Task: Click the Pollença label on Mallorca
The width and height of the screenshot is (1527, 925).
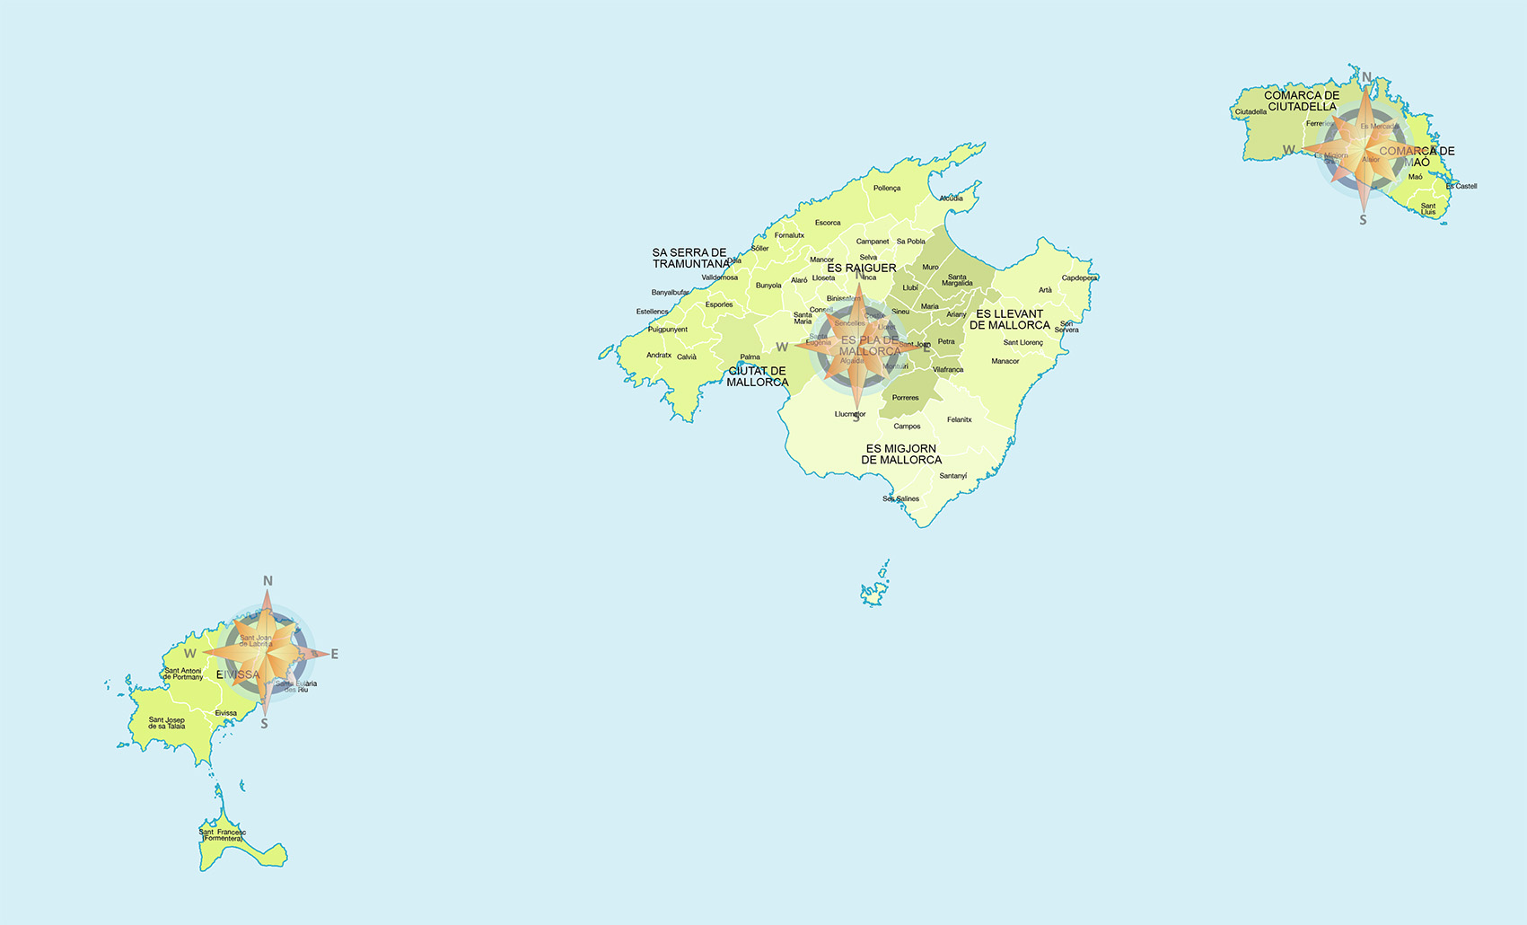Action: pos(887,189)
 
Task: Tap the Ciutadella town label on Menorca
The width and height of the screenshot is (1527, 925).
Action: pos(1251,112)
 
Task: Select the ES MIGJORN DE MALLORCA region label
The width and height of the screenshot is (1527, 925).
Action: pos(901,454)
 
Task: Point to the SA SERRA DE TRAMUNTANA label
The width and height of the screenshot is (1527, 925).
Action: pos(690,259)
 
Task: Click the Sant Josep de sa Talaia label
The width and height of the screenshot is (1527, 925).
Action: pos(167,723)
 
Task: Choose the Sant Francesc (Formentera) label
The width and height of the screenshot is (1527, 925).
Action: pos(222,835)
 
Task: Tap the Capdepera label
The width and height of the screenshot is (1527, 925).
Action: pos(1079,278)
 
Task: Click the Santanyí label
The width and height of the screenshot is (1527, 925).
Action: pos(953,476)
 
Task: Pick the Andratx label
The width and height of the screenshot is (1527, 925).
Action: pos(659,356)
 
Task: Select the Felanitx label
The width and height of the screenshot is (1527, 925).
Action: pos(960,419)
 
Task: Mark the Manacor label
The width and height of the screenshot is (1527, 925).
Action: pos(1005,361)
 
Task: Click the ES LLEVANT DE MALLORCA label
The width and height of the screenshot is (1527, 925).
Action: pos(1010,320)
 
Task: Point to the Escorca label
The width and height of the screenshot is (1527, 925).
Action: pos(828,223)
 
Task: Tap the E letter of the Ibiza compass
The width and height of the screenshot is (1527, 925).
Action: pos(335,655)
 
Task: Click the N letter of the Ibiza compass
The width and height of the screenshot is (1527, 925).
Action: pos(268,581)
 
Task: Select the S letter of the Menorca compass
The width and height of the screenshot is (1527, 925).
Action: pos(1363,220)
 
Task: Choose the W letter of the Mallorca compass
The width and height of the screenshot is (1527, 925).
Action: pos(782,348)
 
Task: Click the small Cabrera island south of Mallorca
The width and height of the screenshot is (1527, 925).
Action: pos(875,589)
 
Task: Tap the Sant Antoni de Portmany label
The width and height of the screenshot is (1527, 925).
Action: pos(183,674)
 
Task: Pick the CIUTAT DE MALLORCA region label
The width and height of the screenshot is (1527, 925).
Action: pos(758,376)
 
